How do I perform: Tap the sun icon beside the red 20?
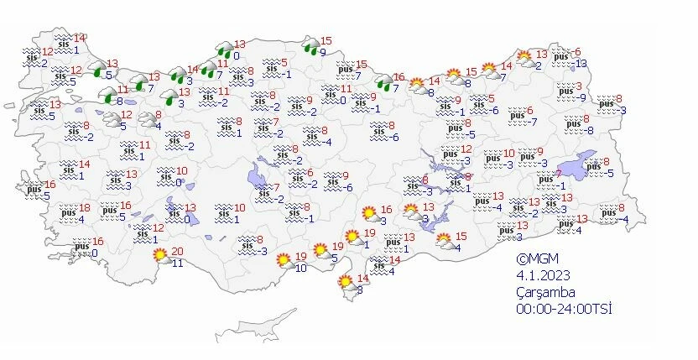[x=159, y=255]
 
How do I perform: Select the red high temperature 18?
[x=84, y=208]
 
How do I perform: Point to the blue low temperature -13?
[x=580, y=64]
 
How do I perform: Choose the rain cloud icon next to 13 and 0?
[x=224, y=50]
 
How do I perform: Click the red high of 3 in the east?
[x=579, y=86]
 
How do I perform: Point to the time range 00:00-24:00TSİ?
[x=564, y=309]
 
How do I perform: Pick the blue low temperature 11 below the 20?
[x=177, y=263]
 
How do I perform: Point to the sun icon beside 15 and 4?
[x=444, y=241]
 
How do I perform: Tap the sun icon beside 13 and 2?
[x=524, y=59]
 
